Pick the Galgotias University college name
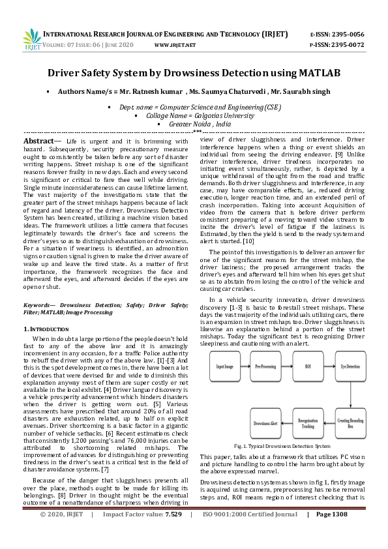[194, 114]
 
